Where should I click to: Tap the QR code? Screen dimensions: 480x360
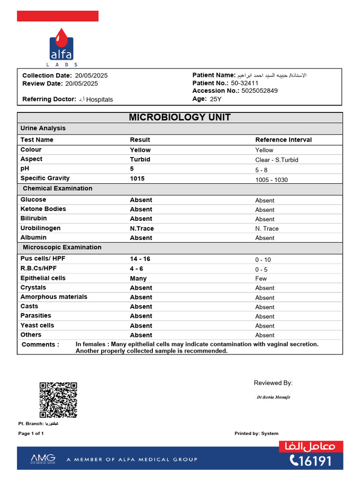pyautogui.click(x=58, y=400)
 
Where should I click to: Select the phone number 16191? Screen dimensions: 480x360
pyautogui.click(x=311, y=461)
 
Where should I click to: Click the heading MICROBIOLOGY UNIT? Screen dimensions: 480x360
pyautogui.click(x=180, y=117)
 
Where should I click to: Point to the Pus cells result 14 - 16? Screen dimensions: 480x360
pyautogui.click(x=140, y=259)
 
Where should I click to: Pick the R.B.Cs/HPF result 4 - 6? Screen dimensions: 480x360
pyautogui.click(x=136, y=269)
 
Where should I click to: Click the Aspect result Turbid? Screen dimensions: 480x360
pyautogui.click(x=140, y=159)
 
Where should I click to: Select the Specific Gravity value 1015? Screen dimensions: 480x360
pyautogui.click(x=137, y=178)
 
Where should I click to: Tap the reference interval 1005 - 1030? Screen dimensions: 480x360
pyautogui.click(x=271, y=180)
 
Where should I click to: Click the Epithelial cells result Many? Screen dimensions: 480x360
pyautogui.click(x=138, y=278)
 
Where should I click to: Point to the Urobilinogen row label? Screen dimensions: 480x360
pyautogui.click(x=40, y=228)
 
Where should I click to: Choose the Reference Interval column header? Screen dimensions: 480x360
pyautogui.click(x=283, y=140)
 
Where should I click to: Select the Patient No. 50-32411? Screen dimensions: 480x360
pyautogui.click(x=245, y=83)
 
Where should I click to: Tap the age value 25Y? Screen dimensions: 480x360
pyautogui.click(x=215, y=99)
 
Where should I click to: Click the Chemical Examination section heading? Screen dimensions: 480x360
pyautogui.click(x=58, y=188)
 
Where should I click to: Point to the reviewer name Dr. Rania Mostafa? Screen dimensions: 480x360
pyautogui.click(x=273, y=397)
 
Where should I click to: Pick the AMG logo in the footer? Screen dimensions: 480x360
pyautogui.click(x=43, y=458)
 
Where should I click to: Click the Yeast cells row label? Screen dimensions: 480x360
pyautogui.click(x=37, y=325)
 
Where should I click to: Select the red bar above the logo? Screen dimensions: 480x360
pyautogui.click(x=58, y=16)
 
